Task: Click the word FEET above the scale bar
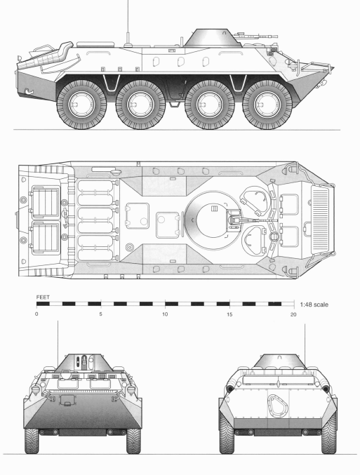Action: point(43,297)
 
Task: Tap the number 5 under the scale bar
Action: point(100,314)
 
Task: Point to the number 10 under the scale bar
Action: point(164,314)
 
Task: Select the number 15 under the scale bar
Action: point(229,314)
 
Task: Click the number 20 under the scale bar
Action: point(293,314)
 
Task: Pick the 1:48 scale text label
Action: point(314,305)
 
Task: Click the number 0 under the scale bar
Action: point(36,314)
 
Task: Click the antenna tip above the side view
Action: point(128,2)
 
